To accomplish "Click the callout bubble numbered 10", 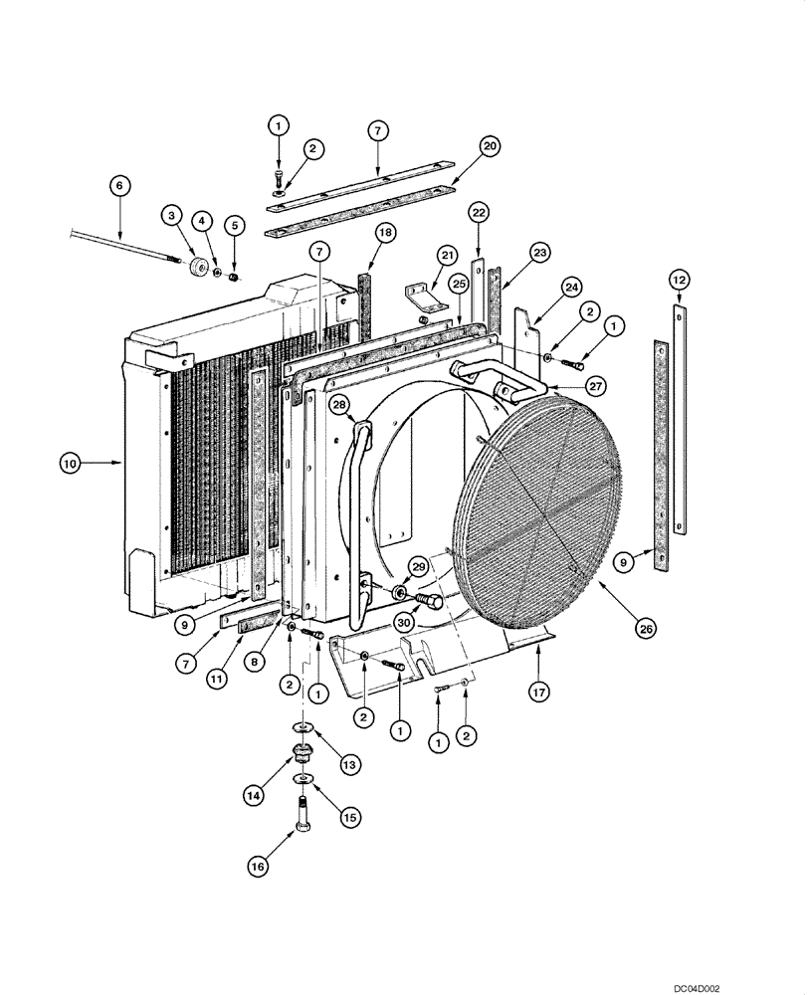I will [x=70, y=463].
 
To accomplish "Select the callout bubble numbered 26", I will [x=646, y=628].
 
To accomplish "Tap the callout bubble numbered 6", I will [x=118, y=185].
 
